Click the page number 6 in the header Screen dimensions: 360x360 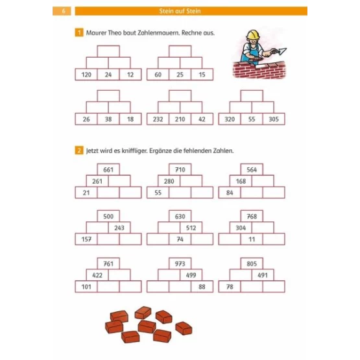[x=64, y=11]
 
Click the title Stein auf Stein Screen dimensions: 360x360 [x=180, y=11]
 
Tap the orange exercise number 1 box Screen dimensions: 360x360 [x=79, y=32]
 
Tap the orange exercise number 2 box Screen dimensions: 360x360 [x=79, y=150]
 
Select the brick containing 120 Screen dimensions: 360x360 [x=86, y=75]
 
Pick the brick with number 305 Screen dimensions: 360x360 [x=274, y=119]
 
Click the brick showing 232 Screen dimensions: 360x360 [x=158, y=119]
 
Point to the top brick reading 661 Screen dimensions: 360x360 [x=108, y=169]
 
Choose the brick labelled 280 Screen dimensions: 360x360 [x=169, y=181]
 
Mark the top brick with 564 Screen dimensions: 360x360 [x=252, y=169]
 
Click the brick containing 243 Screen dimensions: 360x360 [x=119, y=228]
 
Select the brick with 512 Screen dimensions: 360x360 [x=191, y=228]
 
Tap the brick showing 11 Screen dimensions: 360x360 [x=252, y=239]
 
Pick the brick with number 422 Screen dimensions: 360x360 [x=97, y=275]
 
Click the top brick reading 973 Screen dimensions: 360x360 [x=180, y=263]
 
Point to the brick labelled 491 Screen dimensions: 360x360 [x=263, y=275]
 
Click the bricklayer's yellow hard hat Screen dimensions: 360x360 [x=252, y=34]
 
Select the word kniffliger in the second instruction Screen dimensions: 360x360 [x=134, y=151]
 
